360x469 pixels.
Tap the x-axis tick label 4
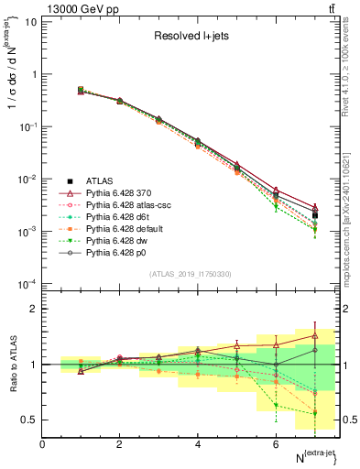(x=198, y=444)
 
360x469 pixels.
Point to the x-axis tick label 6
(x=276, y=444)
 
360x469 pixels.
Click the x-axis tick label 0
(x=42, y=444)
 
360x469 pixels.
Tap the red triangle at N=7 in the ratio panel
(x=315, y=335)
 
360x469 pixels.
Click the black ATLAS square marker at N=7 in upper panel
(x=315, y=215)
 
